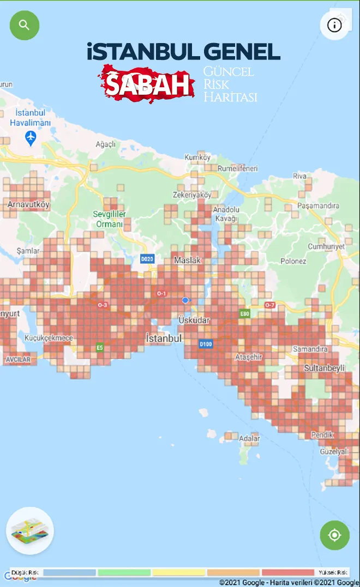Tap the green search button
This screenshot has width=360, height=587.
tap(25, 25)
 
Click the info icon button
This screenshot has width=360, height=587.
tap(334, 25)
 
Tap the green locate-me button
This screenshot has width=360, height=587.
tap(334, 535)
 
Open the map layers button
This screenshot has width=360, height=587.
tap(30, 530)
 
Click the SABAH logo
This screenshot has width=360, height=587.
tap(147, 83)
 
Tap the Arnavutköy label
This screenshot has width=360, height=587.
tap(28, 205)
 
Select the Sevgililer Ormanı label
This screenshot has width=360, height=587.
tap(110, 219)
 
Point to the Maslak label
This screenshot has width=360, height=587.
tap(187, 261)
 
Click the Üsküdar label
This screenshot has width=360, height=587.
tap(194, 320)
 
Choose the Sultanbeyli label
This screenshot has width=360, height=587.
tap(324, 368)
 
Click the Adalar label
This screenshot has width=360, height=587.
tap(249, 438)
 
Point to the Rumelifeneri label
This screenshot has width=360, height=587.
tap(237, 168)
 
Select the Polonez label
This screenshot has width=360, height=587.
tap(293, 261)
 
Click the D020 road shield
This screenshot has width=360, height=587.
tap(147, 259)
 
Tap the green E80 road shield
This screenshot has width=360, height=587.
tap(245, 314)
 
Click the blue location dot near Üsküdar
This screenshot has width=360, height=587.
tap(185, 300)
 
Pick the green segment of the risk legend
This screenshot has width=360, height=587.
tap(124, 573)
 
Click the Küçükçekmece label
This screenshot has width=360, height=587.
tap(49, 338)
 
